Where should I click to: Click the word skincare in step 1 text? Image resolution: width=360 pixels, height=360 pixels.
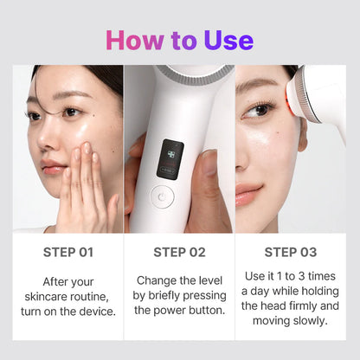click(50, 296)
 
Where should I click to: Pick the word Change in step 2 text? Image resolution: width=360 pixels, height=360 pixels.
click(156, 281)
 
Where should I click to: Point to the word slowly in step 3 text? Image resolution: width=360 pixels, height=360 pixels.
click(307, 320)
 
